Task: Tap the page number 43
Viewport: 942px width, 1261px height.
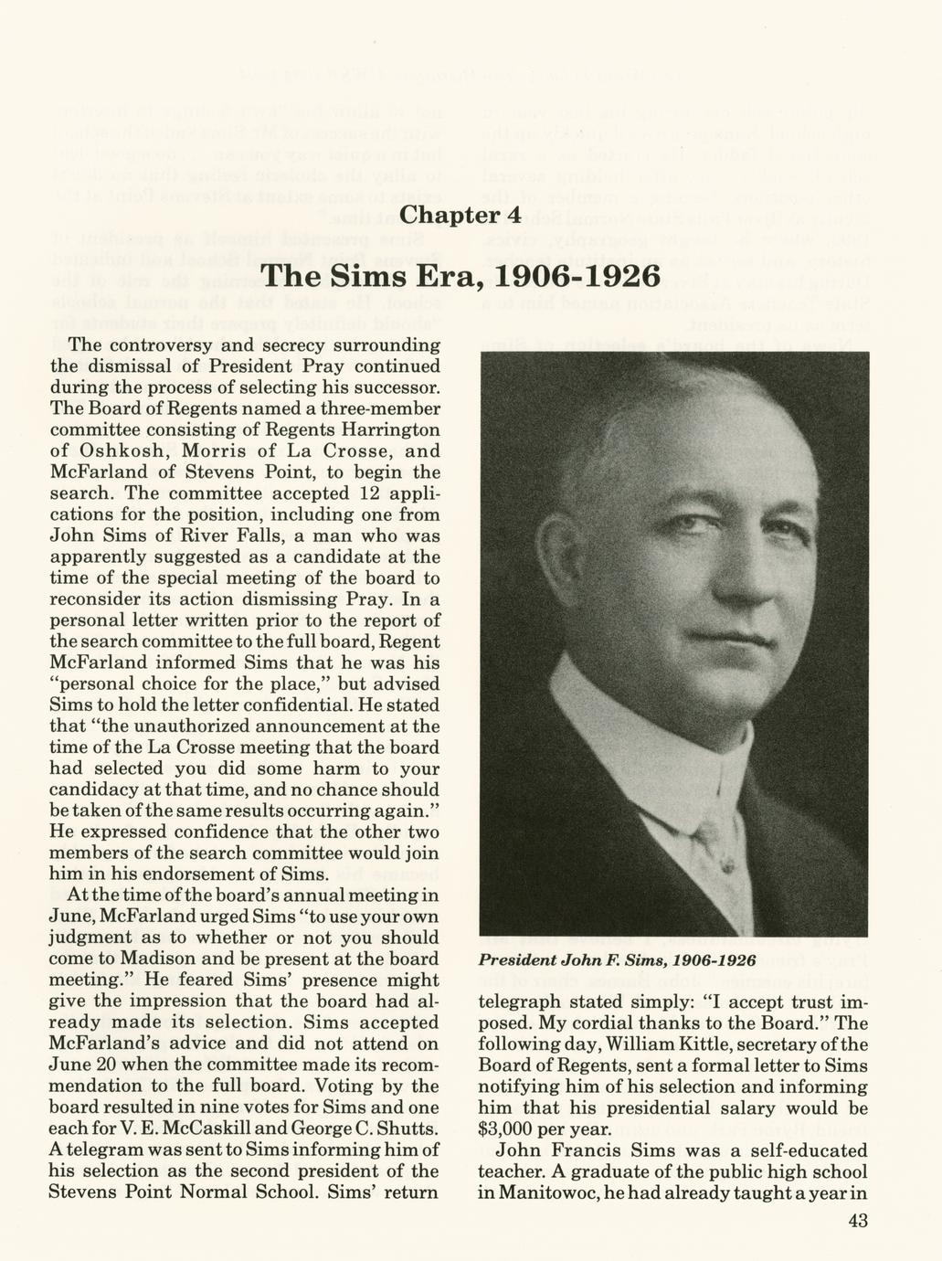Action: pyautogui.click(x=857, y=1222)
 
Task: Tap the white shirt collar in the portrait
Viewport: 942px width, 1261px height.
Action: pyautogui.click(x=640, y=722)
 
